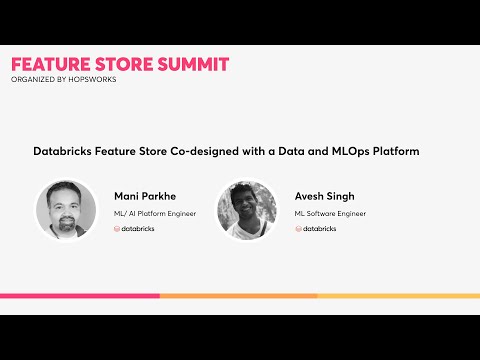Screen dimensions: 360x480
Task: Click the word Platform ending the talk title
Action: [x=397, y=151]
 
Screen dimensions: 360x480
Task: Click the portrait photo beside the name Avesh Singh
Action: [x=246, y=210]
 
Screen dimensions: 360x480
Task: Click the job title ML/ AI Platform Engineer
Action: [x=154, y=213]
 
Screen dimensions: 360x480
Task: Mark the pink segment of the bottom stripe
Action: [x=80, y=296]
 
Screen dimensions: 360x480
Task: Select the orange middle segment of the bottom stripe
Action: [x=238, y=296]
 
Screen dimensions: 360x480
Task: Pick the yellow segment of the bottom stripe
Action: [x=398, y=296]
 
